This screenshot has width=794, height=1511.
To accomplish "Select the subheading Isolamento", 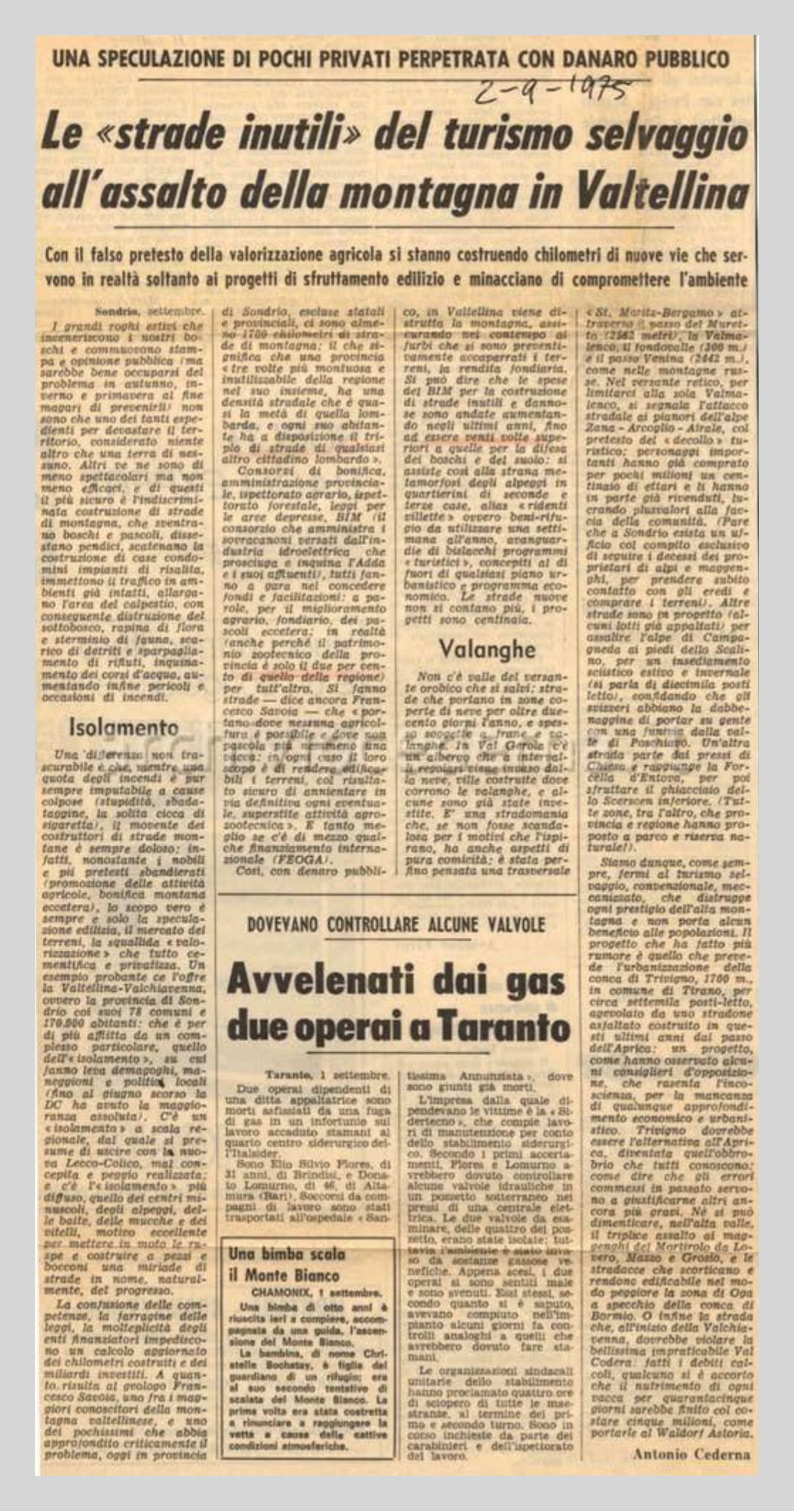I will pyautogui.click(x=124, y=728).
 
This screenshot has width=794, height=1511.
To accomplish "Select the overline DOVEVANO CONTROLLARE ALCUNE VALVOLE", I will pyautogui.click(x=396, y=925).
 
